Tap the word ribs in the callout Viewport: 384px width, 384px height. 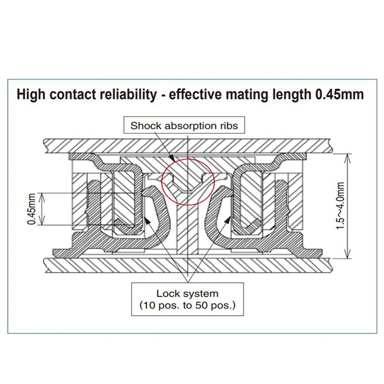[x=234, y=127]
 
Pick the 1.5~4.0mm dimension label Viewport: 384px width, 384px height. [x=340, y=205]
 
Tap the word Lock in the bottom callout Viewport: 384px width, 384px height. [x=167, y=293]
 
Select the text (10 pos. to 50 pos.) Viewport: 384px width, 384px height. [x=187, y=305]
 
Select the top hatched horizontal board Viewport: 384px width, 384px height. [x=187, y=144]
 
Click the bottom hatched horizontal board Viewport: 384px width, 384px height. [x=187, y=264]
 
